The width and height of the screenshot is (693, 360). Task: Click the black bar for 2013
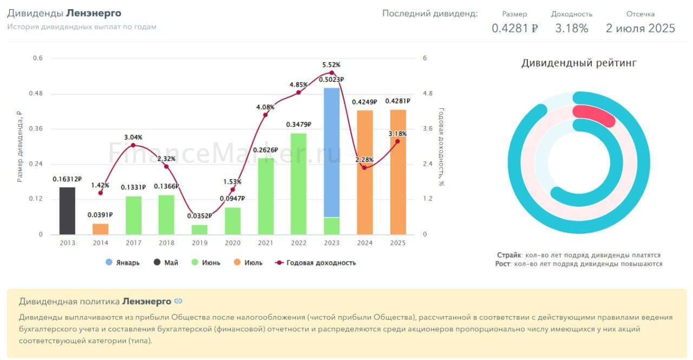point(67,211)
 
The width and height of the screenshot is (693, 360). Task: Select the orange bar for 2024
point(365,173)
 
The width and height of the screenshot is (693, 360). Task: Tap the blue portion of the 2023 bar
point(331,152)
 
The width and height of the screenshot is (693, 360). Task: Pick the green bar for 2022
point(298,184)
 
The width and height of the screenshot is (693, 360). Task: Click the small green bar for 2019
point(200,230)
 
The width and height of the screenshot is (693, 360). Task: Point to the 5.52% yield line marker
point(332,73)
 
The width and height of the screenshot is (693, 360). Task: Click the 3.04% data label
point(133,138)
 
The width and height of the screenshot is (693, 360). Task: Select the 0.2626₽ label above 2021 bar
point(266,150)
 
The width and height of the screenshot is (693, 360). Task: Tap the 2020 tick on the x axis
point(233,243)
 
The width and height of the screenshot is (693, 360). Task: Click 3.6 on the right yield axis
point(428,129)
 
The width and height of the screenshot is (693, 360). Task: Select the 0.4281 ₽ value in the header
point(514,28)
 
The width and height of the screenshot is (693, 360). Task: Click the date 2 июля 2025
point(640,28)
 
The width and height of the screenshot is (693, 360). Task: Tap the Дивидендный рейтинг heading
point(579,63)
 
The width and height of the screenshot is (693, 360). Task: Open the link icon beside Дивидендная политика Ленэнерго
point(178,301)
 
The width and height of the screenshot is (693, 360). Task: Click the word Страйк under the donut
point(509,255)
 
